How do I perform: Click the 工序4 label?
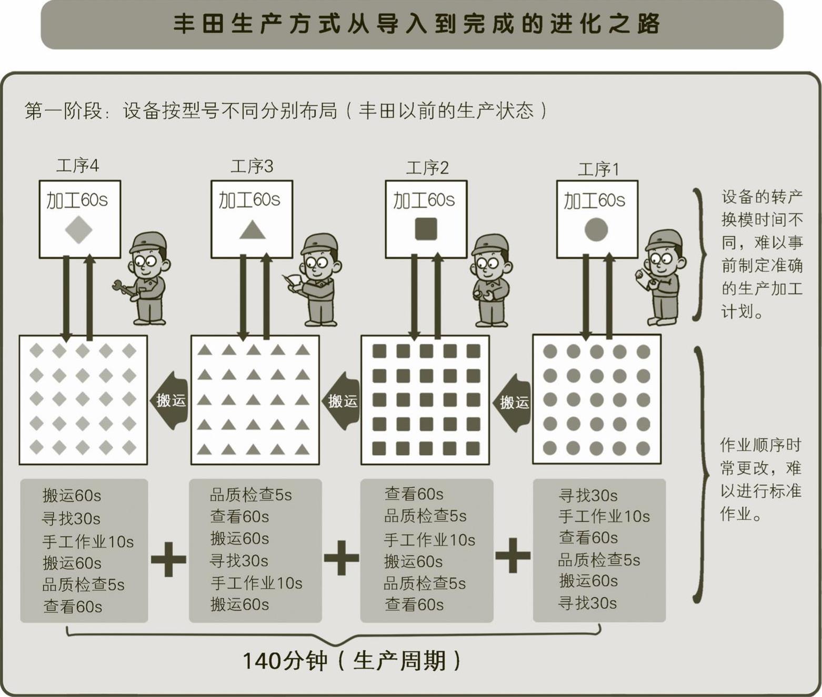(77, 166)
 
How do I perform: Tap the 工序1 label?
(598, 169)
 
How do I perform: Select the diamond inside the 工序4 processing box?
(79, 230)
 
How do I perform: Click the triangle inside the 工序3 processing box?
(252, 230)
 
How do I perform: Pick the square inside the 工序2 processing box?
(426, 229)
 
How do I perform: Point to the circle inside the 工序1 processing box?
(596, 230)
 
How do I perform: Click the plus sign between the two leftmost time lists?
(168, 558)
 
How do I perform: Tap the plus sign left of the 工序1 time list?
(513, 555)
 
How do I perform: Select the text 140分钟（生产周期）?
(352, 661)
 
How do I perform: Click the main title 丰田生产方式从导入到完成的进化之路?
(416, 24)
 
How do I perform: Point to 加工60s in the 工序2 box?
(424, 200)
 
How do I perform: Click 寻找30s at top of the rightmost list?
(588, 495)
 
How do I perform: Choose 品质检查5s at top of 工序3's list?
(250, 494)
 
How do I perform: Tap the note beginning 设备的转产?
(761, 254)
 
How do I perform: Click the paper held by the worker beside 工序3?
(292, 280)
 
